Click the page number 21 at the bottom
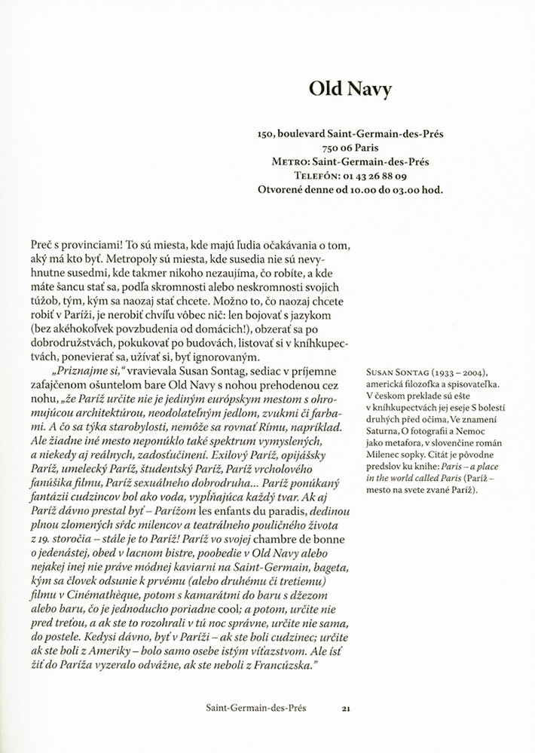click(347, 709)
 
